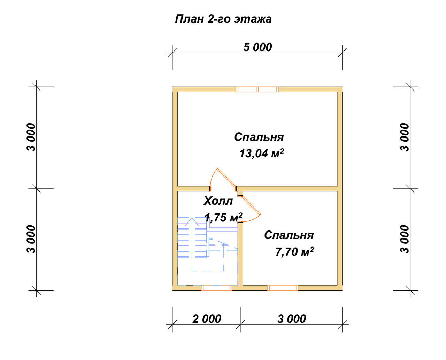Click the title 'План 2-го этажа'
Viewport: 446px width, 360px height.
pos(223,19)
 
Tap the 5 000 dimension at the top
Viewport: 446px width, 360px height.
pos(257,47)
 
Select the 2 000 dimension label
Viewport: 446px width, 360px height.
pos(207,319)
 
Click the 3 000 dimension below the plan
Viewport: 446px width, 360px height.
pos(292,319)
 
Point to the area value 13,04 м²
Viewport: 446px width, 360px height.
pos(262,153)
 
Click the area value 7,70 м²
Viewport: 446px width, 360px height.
pos(294,251)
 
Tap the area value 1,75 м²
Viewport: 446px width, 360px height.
pos(224,217)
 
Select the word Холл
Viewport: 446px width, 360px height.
pos(218,201)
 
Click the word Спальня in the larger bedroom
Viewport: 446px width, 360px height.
pos(259,137)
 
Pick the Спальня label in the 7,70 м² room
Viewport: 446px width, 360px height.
pos(289,235)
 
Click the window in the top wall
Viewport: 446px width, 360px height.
pos(257,89)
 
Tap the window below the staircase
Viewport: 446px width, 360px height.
pos(216,288)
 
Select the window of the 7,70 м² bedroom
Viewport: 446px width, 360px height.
pos(283,288)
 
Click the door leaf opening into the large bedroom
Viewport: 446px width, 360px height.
pos(226,177)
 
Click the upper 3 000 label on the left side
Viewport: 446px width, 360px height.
pos(31,137)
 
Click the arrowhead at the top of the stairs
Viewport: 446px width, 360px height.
pos(192,221)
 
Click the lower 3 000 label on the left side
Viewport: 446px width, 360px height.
pos(31,239)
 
